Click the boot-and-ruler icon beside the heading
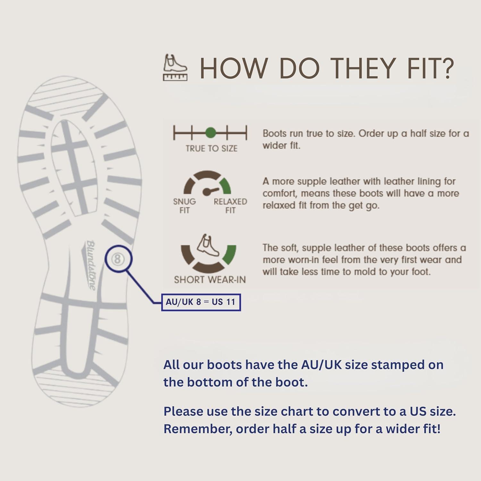(175, 67)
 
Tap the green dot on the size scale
(210, 132)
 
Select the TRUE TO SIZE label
(211, 148)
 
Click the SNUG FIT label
(184, 206)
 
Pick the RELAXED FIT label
(230, 206)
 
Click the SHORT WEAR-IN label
(210, 280)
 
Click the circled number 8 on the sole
(117, 259)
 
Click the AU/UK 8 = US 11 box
(201, 302)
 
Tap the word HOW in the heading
(233, 68)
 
